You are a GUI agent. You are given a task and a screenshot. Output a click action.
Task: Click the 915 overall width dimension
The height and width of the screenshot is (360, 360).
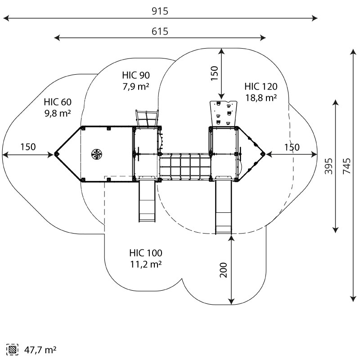tap(160, 11)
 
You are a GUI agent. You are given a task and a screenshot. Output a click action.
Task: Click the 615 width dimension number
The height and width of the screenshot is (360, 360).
tap(160, 31)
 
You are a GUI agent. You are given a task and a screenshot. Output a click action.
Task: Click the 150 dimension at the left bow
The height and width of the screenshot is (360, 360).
tap(28, 147)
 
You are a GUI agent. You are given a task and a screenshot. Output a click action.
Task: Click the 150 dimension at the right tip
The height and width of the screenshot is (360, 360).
tap(291, 147)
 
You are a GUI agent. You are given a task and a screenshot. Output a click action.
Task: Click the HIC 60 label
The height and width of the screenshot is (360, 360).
tap(58, 102)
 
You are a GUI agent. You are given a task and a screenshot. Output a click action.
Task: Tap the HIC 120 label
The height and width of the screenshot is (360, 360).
tap(261, 86)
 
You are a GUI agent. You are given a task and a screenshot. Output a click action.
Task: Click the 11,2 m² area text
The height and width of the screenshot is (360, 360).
tap(146, 264)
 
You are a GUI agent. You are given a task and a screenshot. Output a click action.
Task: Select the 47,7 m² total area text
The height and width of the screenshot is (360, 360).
tap(40, 349)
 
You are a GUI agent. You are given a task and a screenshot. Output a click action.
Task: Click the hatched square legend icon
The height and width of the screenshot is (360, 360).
tap(13, 349)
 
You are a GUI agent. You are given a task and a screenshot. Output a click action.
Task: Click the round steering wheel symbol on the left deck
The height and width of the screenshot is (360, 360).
tap(96, 154)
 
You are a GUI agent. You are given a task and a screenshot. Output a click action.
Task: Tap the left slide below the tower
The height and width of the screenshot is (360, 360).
tap(147, 200)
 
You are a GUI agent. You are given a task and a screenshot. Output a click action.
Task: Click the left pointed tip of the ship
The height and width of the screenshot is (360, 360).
tap(56, 154)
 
